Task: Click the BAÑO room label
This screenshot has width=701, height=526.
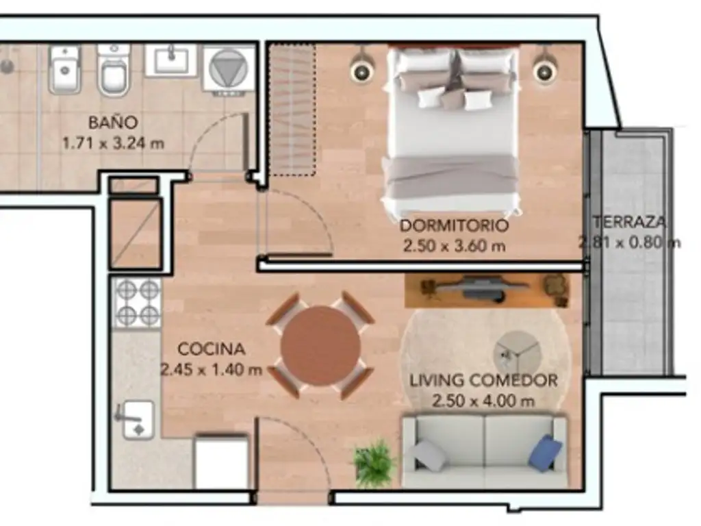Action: pyautogui.click(x=113, y=123)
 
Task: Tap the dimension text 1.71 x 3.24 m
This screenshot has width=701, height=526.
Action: pyautogui.click(x=113, y=144)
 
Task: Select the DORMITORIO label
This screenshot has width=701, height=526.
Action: pyautogui.click(x=454, y=225)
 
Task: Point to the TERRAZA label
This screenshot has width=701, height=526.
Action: pyautogui.click(x=630, y=222)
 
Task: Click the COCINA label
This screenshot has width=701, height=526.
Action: pyautogui.click(x=211, y=349)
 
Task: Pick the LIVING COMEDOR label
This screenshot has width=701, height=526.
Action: pyautogui.click(x=483, y=381)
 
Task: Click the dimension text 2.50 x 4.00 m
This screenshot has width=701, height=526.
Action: pyautogui.click(x=483, y=401)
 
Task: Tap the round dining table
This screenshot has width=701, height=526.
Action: pyautogui.click(x=320, y=345)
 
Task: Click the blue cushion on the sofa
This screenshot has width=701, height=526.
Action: pyautogui.click(x=545, y=452)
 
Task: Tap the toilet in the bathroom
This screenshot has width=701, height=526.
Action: pyautogui.click(x=113, y=71)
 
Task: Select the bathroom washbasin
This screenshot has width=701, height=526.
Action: pyautogui.click(x=171, y=60)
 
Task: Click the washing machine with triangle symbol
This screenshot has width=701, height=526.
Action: pyautogui.click(x=229, y=71)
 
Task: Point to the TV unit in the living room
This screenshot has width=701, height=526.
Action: pyautogui.click(x=487, y=290)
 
